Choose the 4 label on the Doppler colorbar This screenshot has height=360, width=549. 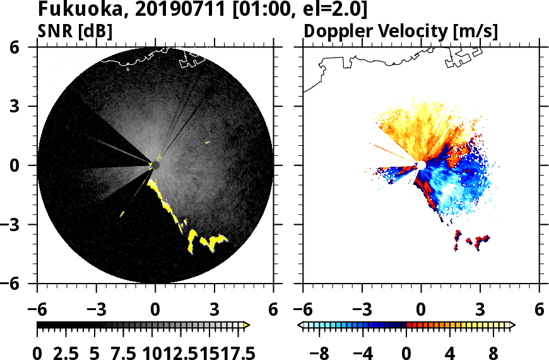(x=450, y=352)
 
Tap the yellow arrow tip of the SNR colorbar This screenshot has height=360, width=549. (x=247, y=325)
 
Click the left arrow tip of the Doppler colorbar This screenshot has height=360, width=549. (x=300, y=325)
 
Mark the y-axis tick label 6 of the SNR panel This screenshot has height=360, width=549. (x=20, y=47)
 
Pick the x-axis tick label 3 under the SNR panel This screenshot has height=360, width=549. (x=215, y=310)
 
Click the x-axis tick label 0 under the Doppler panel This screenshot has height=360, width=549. (x=421, y=310)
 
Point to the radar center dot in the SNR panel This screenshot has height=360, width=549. (x=155, y=165)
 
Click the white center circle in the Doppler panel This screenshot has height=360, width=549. (x=421, y=165)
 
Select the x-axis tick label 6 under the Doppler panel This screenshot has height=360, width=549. (x=539, y=310)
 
